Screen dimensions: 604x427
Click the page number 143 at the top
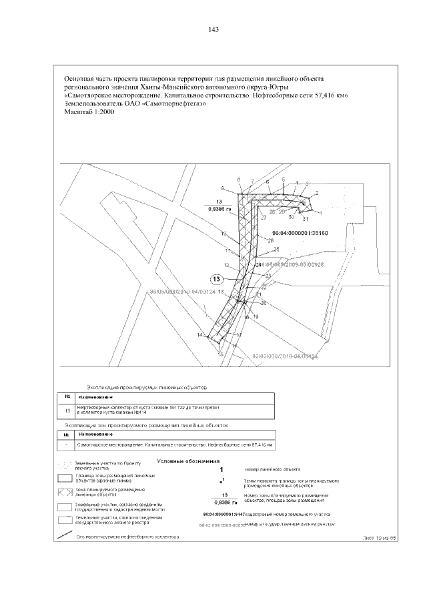[214, 30]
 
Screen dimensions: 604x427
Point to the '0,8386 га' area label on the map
[219, 209]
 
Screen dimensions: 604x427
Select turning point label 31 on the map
[306, 219]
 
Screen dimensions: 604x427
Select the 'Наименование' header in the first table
[93, 396]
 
